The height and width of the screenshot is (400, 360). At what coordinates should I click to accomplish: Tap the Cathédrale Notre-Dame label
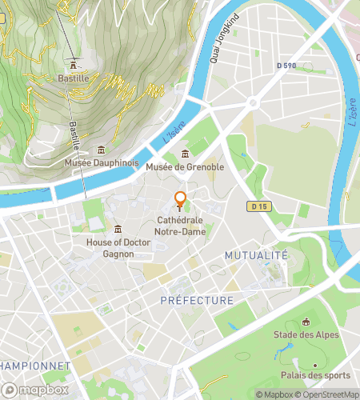point(181,226)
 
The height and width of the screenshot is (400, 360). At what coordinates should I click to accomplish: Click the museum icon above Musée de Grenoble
point(186,154)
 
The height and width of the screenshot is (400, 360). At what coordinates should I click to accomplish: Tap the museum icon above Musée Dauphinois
point(101,150)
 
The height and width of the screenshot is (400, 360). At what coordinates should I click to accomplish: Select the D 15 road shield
point(257,206)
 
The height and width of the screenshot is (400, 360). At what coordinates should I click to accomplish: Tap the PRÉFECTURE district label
point(197,301)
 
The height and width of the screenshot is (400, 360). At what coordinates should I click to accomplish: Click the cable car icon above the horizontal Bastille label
point(74,65)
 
